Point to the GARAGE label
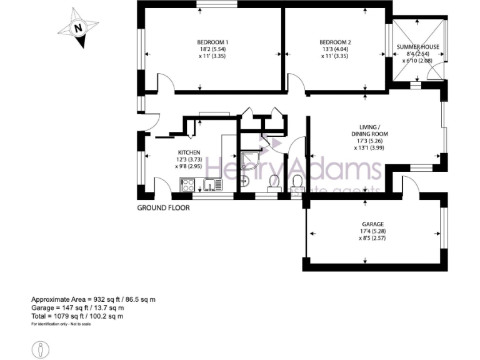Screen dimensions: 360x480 click(372, 224)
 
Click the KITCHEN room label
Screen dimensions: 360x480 click(189, 152)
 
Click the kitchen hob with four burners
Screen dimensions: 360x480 click(187, 184)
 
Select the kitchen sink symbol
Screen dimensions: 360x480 click(211, 184)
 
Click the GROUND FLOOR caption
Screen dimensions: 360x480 click(163, 207)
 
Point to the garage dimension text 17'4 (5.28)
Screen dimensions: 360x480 click(372, 231)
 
